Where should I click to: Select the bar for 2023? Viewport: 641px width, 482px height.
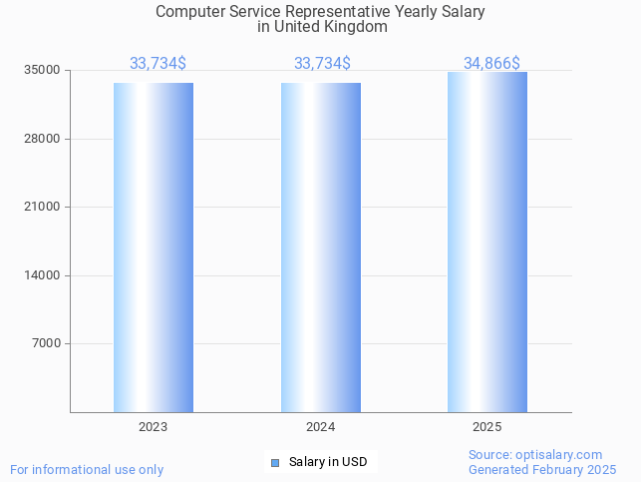[153, 247]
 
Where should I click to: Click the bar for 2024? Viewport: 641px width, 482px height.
[320, 247]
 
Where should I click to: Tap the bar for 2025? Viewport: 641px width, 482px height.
[487, 242]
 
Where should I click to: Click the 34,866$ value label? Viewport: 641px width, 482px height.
[490, 63]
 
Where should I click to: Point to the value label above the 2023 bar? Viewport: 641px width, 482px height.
[158, 63]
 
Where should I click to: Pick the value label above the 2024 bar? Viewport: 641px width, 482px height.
[322, 63]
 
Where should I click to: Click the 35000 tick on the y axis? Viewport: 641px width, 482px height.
[43, 70]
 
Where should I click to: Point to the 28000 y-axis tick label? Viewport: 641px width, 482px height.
[43, 139]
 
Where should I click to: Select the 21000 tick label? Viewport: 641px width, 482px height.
[43, 207]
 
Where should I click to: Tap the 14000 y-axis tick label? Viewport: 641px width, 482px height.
[43, 275]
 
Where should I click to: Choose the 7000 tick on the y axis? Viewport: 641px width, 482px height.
[46, 343]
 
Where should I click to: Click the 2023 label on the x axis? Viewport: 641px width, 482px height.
[153, 427]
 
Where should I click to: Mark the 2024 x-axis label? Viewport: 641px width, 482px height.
[320, 427]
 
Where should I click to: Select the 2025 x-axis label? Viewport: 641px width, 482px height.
[487, 427]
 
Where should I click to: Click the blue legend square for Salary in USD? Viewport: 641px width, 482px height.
[275, 462]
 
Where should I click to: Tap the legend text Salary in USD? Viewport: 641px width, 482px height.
[328, 462]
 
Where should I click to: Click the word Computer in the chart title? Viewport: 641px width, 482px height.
[189, 12]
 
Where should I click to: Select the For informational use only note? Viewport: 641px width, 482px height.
[87, 469]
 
